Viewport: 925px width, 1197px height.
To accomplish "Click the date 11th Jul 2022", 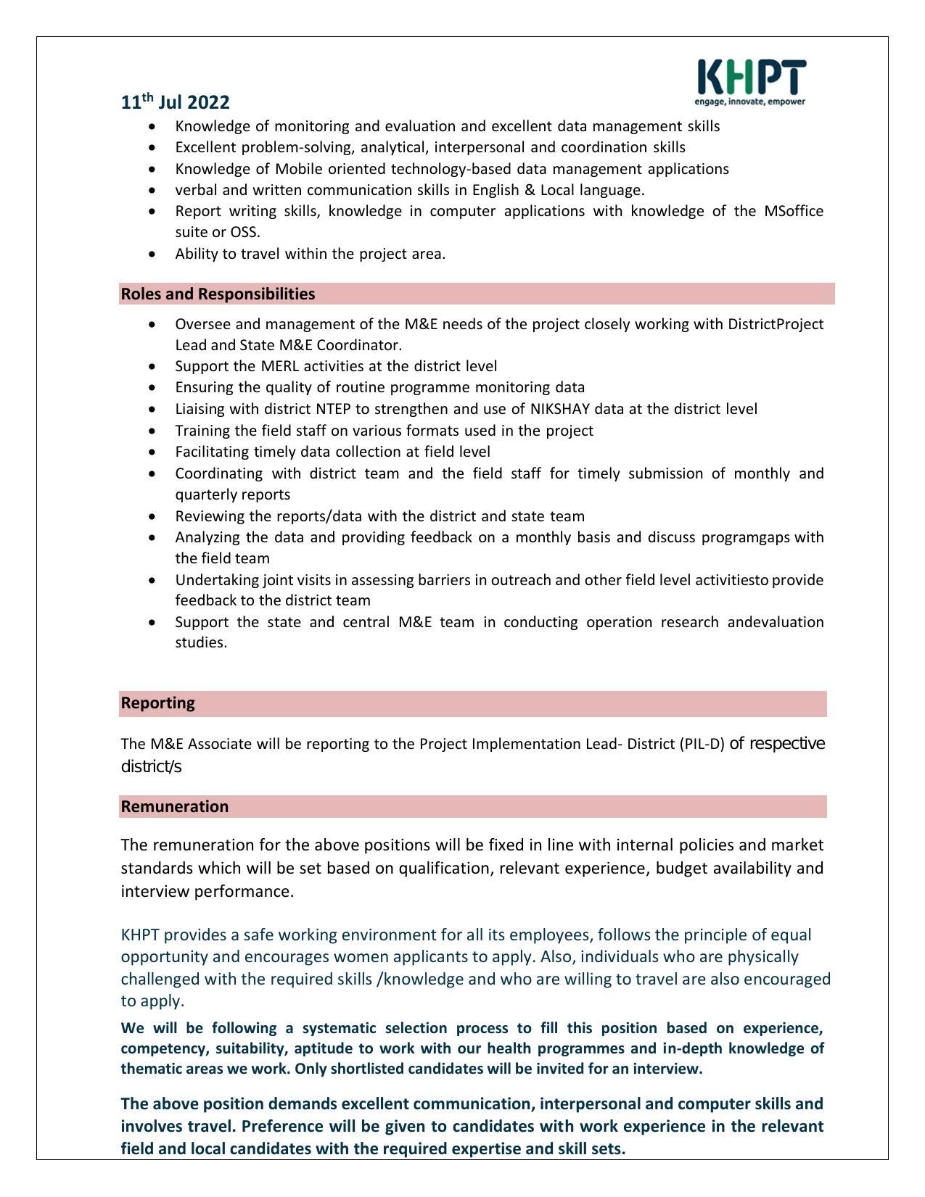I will point(175,102).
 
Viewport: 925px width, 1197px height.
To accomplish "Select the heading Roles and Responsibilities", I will point(218,294).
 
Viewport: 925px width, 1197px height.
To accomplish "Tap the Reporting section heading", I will point(157,703).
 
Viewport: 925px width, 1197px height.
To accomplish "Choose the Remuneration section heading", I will point(174,806).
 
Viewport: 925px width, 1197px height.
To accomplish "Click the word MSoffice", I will point(794,211).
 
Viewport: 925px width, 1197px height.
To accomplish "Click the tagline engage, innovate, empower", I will point(750,102).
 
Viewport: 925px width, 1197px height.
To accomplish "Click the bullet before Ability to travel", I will point(152,254).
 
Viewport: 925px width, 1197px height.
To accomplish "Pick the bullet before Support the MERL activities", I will point(152,367).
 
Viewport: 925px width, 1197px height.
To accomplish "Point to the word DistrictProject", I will point(775,324).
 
